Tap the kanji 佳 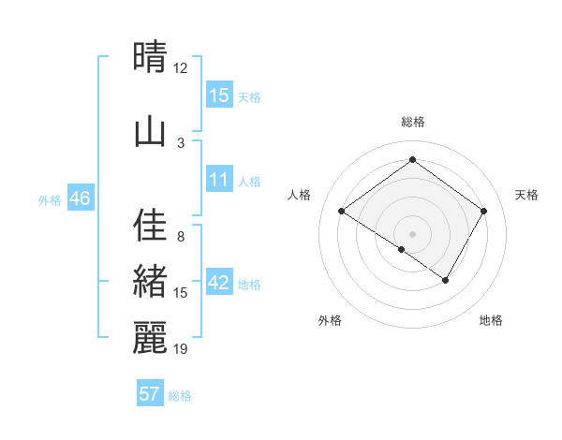tap(151, 226)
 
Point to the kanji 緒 tap(151, 282)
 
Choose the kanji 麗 tap(151, 338)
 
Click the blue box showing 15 tap(218, 95)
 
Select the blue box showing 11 tap(218, 180)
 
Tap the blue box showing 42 tap(218, 283)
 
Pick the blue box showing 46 tap(80, 198)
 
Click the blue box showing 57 tap(150, 394)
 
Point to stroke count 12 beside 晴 tap(181, 68)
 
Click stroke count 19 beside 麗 tap(181, 349)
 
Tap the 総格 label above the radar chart tap(412, 122)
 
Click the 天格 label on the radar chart tap(526, 195)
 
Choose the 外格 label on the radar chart tap(330, 321)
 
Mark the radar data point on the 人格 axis tap(342, 212)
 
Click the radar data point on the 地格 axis tap(446, 280)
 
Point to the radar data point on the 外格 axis tap(402, 249)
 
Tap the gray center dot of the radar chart tap(412, 233)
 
